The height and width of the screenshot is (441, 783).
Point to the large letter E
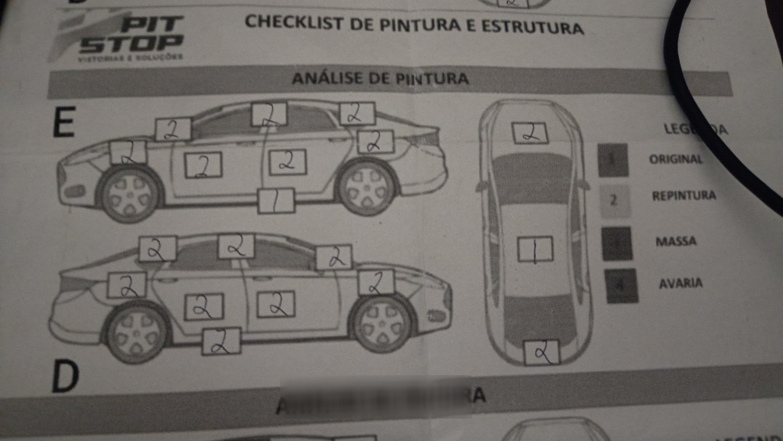[x=63, y=123]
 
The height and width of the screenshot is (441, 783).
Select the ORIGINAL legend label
[x=675, y=159]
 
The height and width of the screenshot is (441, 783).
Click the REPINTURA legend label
[x=684, y=196]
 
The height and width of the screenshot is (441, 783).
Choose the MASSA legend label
[x=676, y=242]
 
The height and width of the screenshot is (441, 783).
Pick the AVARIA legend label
[x=680, y=283]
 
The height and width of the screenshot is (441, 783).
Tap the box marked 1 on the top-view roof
[x=535, y=250]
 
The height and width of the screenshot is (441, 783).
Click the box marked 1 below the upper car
[x=277, y=201]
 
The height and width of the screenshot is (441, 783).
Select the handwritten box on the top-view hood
[x=529, y=132]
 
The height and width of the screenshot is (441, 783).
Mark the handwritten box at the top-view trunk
[x=542, y=352]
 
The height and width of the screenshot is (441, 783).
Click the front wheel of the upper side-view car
[x=129, y=192]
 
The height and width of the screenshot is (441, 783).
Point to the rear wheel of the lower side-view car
[x=136, y=333]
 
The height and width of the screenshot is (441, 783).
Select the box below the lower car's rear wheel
[x=221, y=341]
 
